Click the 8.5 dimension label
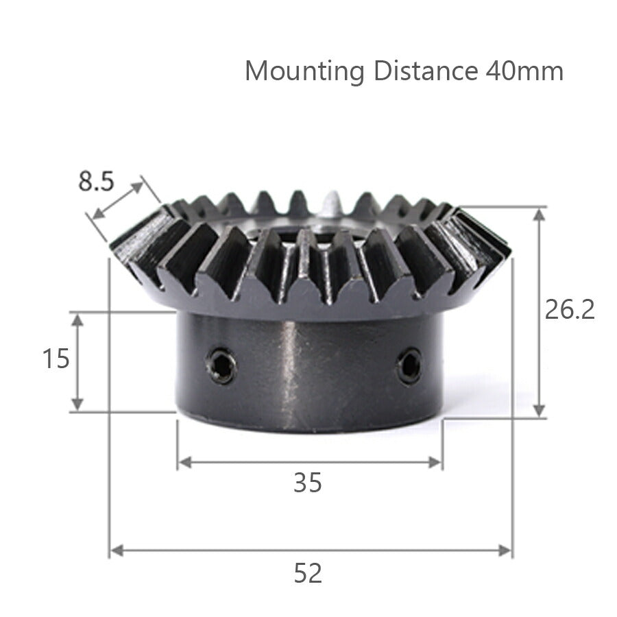[97, 182]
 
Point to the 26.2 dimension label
[570, 311]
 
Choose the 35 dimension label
[308, 484]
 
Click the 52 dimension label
[308, 573]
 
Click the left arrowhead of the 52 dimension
[116, 550]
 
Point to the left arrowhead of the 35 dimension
[184, 462]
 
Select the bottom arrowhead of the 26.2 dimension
[540, 409]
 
